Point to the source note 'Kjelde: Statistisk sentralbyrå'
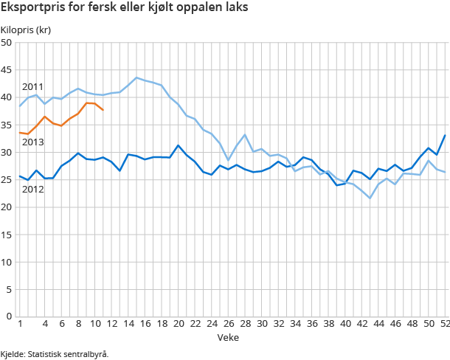[55, 353]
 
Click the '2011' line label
[32, 86]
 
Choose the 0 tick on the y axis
[9, 316]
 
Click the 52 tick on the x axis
[445, 324]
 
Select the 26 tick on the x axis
[228, 324]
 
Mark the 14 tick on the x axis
[128, 324]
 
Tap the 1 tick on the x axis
[20, 324]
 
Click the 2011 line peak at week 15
[136, 77]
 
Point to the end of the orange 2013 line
[103, 110]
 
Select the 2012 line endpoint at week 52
[445, 135]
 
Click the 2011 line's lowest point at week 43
[370, 198]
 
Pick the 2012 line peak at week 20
[178, 145]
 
